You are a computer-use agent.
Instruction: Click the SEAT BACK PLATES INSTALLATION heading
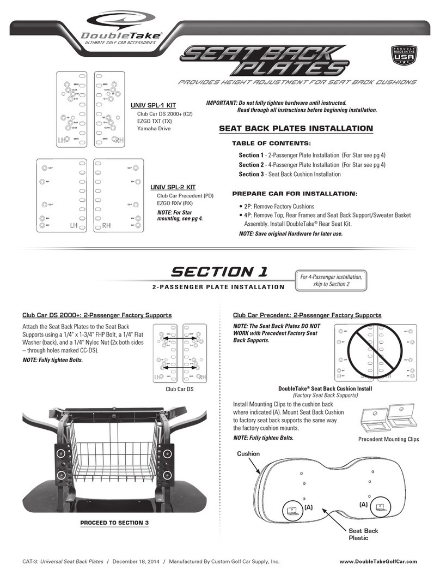(x=295, y=129)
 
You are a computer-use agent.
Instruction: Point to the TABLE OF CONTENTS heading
(x=271, y=143)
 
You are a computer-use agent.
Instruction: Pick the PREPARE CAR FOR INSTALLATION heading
(x=295, y=194)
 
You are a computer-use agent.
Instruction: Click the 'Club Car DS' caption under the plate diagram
(x=180, y=390)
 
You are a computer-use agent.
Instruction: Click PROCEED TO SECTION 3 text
(x=114, y=523)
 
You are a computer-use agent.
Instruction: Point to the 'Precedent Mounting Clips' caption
(x=388, y=439)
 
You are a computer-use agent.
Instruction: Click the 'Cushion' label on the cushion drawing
(x=248, y=453)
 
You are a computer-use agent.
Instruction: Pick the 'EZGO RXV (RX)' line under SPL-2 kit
(x=175, y=203)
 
